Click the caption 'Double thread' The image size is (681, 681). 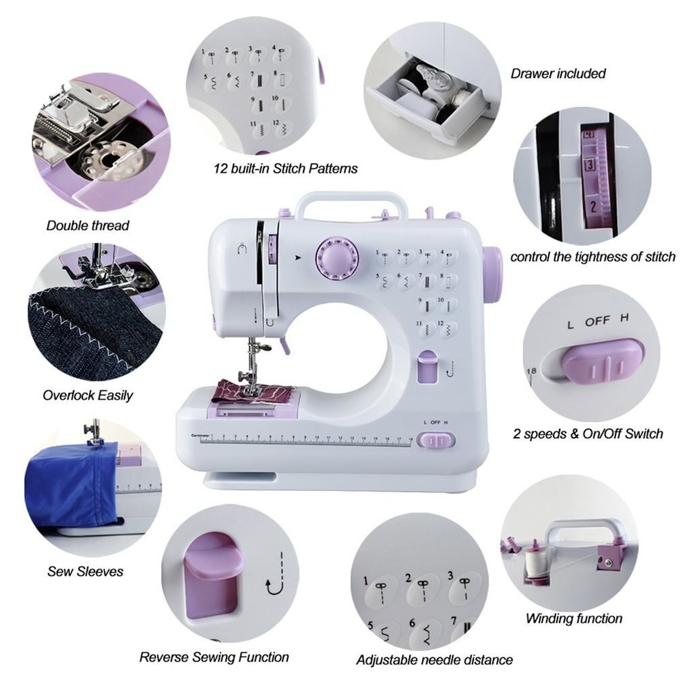(x=88, y=226)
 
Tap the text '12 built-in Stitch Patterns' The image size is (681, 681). (x=285, y=168)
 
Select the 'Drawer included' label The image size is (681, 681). (x=558, y=73)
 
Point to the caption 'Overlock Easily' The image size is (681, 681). (x=88, y=395)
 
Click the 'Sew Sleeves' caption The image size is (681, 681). (x=85, y=571)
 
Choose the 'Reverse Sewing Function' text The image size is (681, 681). (x=214, y=657)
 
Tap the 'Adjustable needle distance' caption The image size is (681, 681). (x=434, y=659)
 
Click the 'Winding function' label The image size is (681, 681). (x=574, y=618)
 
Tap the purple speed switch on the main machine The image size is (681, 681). (x=436, y=440)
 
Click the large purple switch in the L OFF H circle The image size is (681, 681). (x=602, y=361)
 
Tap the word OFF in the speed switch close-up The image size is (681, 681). (x=597, y=322)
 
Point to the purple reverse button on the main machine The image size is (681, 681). (x=426, y=367)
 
